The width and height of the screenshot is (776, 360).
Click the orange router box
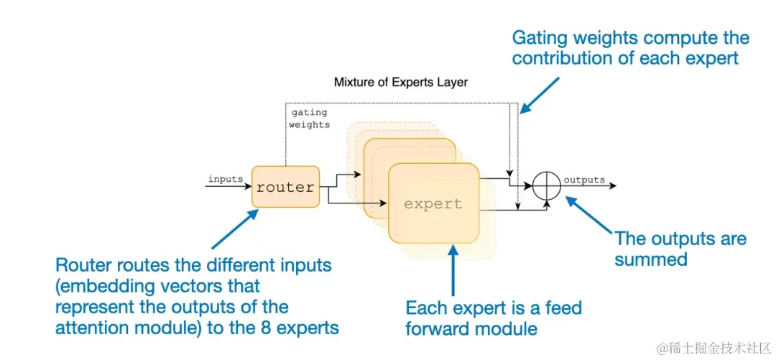point(285,187)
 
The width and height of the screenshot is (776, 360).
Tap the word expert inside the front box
point(433,203)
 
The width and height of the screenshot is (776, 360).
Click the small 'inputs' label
point(225,179)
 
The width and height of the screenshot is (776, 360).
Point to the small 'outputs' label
point(583,180)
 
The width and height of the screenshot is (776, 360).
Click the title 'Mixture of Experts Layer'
point(400,82)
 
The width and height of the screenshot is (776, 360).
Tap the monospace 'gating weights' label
point(309,119)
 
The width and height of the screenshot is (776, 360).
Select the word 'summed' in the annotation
point(650,259)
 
